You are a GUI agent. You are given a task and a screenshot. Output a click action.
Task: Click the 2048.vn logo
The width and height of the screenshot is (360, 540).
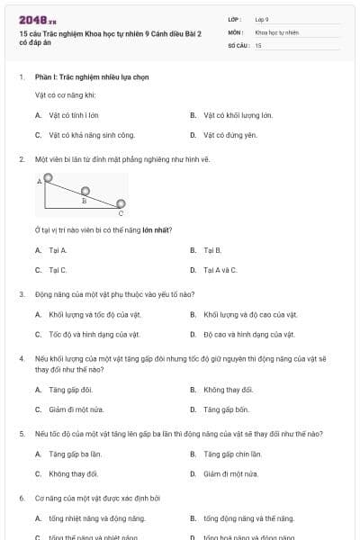(32, 20)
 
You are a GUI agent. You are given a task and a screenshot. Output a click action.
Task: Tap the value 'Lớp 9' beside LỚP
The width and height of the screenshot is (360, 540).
(262, 19)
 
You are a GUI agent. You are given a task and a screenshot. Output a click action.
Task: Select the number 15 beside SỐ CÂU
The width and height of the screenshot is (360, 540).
(258, 44)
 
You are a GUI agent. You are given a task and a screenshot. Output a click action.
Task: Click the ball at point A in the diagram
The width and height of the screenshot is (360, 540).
(49, 180)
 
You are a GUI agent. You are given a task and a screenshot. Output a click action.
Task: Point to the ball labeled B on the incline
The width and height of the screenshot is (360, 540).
(85, 191)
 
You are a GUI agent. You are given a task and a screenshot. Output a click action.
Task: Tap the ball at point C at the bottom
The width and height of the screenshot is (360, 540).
(121, 204)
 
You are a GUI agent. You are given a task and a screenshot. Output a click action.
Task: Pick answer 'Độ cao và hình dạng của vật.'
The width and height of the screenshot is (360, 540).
(248, 334)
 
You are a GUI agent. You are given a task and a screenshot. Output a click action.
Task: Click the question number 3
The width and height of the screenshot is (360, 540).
(21, 293)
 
